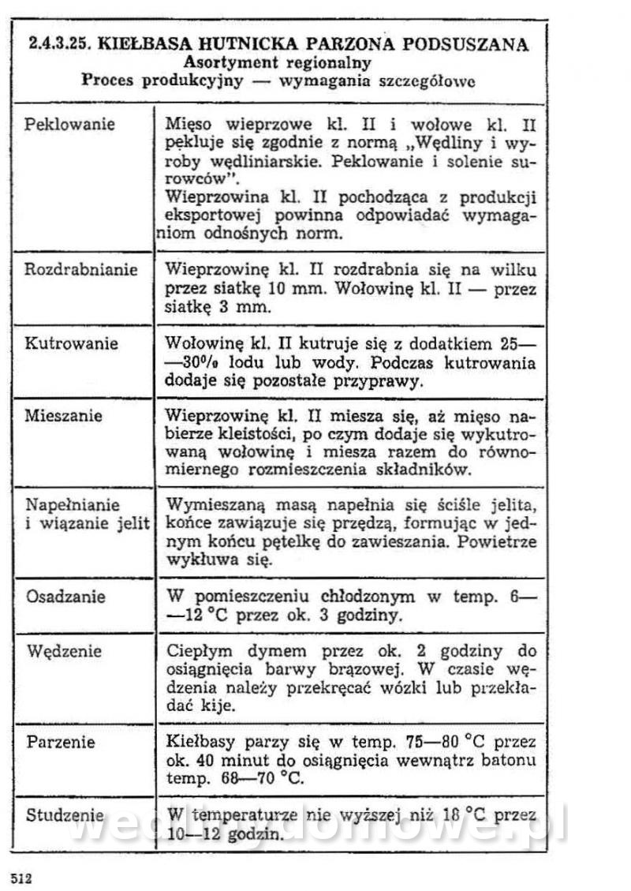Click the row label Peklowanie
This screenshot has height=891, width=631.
pos(70,125)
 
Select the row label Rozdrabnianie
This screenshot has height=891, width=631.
pos(80,270)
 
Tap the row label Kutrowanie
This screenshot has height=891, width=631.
pos(72,344)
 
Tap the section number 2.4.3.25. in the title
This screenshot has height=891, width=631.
pos(60,44)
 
